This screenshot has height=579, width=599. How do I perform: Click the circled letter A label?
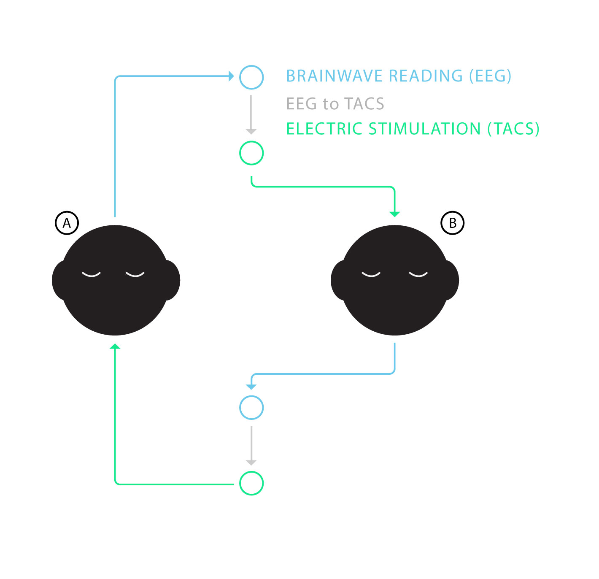tap(67, 223)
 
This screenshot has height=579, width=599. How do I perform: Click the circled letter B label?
tap(452, 223)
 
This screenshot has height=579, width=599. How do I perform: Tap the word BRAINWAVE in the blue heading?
tap(335, 76)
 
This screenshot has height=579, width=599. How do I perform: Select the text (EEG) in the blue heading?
tap(490, 76)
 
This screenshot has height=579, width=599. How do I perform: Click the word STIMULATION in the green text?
tap(424, 129)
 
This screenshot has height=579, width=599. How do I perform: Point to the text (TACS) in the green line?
tap(513, 129)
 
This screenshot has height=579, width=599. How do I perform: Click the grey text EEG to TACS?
tap(335, 103)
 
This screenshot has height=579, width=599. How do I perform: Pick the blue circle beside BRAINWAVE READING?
tap(251, 77)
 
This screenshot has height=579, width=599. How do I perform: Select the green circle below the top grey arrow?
tap(251, 153)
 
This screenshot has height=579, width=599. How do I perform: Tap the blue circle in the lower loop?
tap(251, 408)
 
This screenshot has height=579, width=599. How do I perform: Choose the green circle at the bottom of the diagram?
tap(251, 484)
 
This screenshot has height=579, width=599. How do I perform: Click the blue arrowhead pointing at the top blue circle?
tap(231, 76)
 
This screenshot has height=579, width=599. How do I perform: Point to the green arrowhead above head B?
tap(394, 214)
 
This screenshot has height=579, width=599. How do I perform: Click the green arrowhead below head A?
tap(115, 346)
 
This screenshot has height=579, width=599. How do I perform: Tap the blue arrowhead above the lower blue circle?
tap(251, 387)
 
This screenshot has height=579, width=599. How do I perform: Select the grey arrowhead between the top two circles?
tap(251, 132)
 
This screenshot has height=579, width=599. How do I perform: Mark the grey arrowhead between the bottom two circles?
tap(251, 463)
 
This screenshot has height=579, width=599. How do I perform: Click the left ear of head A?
tap(59, 280)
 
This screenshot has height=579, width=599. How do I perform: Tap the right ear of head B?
tap(451, 280)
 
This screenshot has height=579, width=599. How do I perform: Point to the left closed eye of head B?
tap(371, 274)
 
